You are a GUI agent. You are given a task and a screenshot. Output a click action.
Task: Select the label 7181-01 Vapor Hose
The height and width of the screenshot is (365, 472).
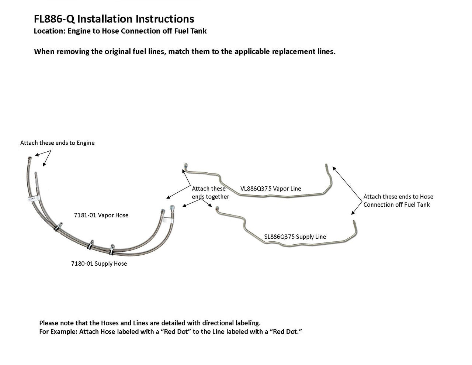tap(101, 215)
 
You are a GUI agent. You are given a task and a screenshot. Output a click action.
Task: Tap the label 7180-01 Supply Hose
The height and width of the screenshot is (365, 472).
tap(99, 264)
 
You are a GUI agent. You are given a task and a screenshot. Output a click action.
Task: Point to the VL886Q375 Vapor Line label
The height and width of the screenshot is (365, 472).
tap(271, 189)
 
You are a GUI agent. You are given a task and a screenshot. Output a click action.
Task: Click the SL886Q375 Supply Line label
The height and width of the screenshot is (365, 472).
tap(295, 237)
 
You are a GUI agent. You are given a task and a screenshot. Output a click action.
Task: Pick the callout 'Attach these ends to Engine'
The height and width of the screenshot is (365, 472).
tap(57, 143)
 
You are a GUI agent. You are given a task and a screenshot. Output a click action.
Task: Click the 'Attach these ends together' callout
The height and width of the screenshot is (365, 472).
tap(210, 193)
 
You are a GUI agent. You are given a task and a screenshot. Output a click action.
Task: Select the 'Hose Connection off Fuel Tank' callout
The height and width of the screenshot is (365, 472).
tap(398, 200)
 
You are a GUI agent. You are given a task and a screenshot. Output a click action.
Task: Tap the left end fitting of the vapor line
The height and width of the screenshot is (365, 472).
tap(185, 166)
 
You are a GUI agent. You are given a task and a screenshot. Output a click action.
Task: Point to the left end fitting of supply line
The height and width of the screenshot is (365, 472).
tap(217, 209)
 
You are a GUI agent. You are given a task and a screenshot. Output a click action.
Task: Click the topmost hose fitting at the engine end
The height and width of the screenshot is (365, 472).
tap(29, 159)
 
